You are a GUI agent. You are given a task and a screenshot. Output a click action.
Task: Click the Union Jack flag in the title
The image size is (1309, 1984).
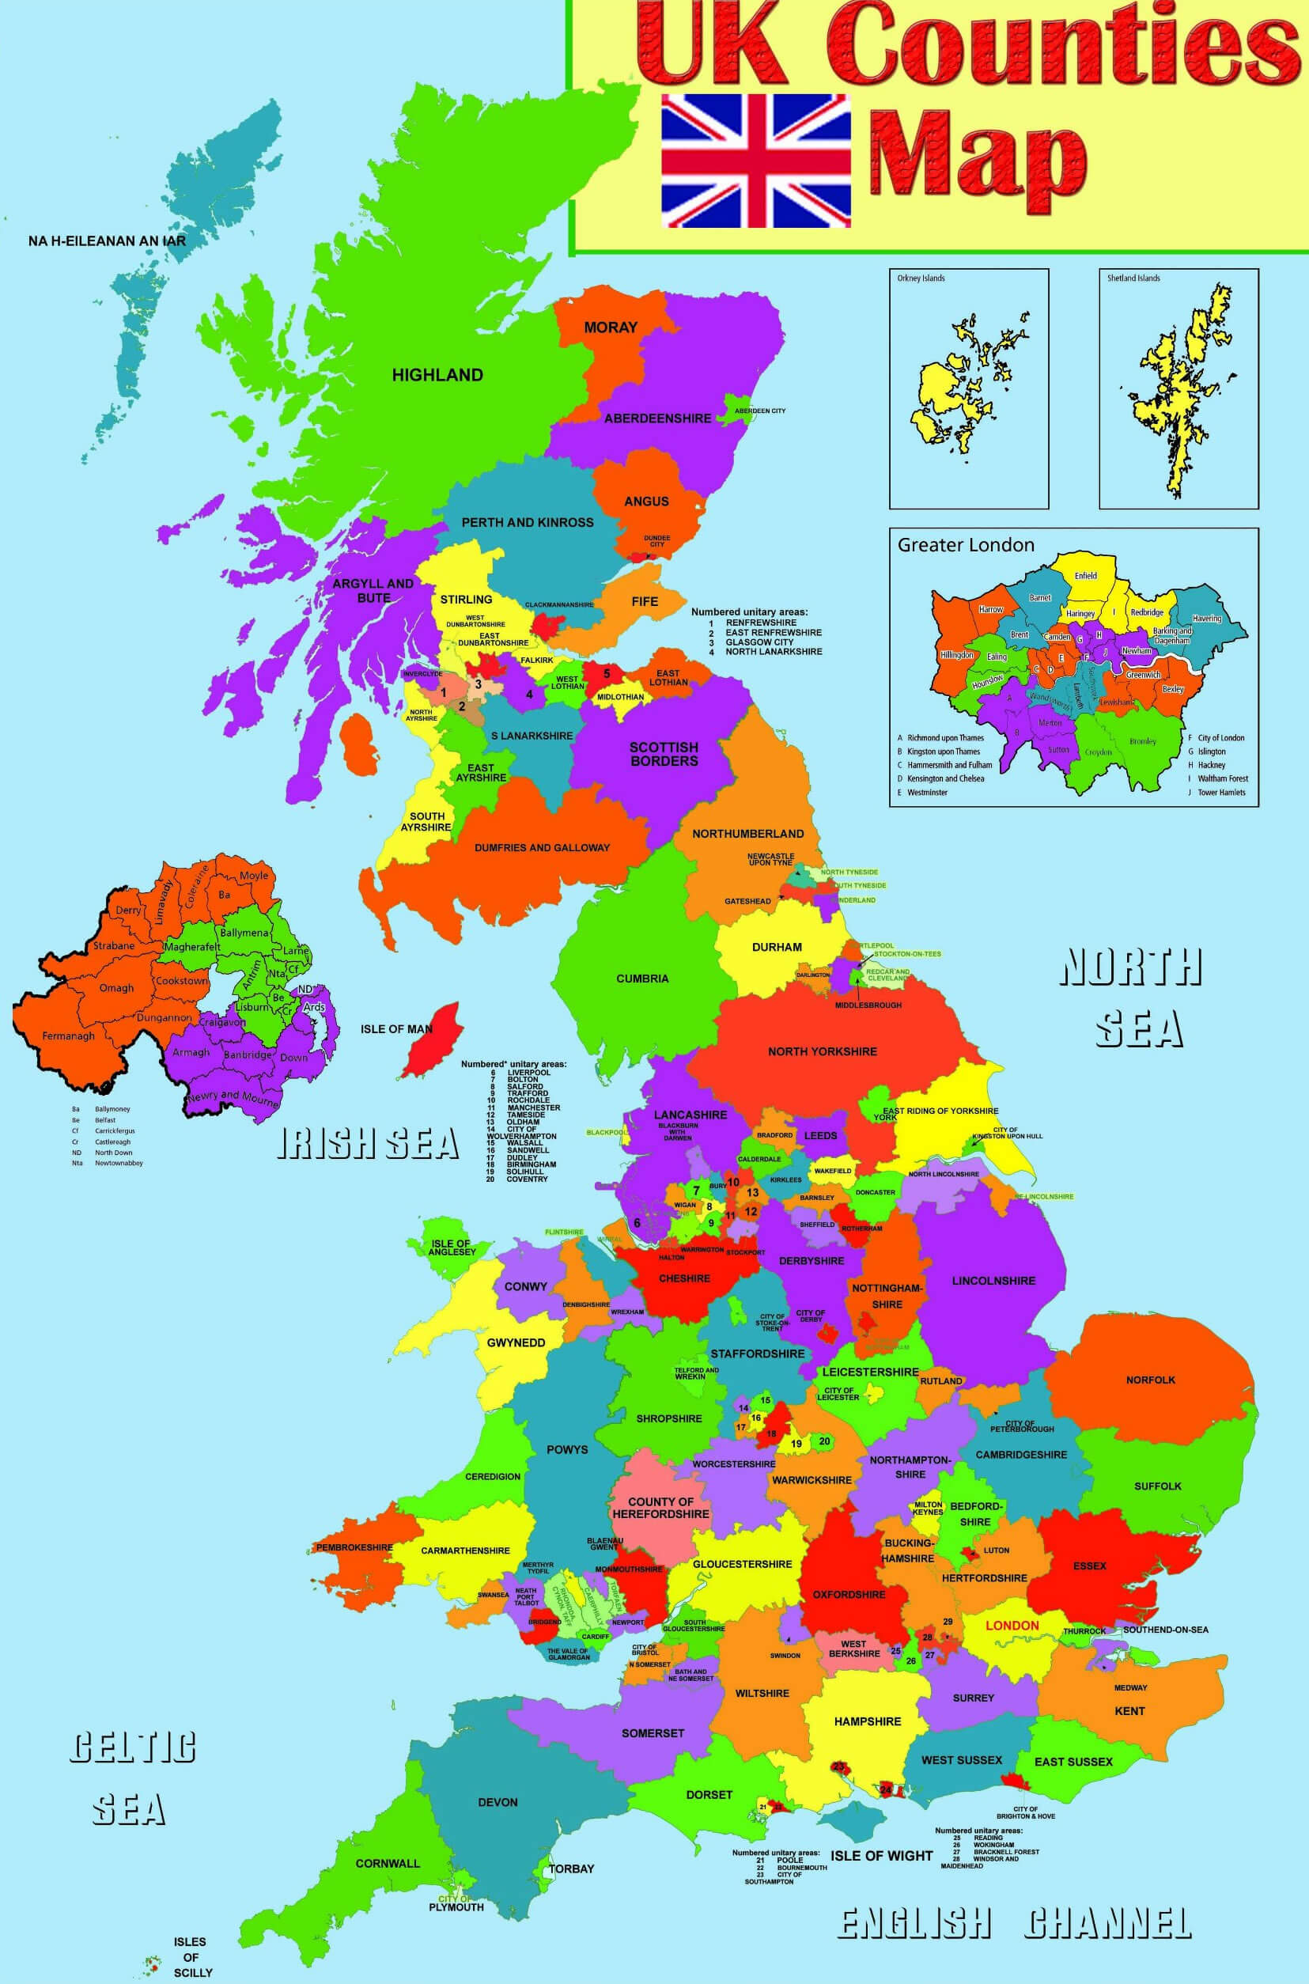(x=756, y=161)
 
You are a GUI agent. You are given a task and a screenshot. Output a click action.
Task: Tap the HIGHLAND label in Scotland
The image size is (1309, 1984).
(x=437, y=375)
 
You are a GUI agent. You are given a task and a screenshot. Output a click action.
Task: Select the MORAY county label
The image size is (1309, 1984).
(x=611, y=328)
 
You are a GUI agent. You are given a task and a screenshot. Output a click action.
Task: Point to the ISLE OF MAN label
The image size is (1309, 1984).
(x=395, y=1028)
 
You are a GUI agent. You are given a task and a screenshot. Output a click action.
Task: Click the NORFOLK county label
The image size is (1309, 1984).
(x=1150, y=1380)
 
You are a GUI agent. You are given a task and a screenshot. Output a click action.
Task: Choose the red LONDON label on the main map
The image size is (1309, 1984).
(x=1012, y=1625)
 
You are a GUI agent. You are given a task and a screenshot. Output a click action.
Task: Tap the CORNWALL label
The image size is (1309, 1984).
(x=388, y=1863)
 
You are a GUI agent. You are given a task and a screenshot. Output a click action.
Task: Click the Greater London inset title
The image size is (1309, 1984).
(x=965, y=545)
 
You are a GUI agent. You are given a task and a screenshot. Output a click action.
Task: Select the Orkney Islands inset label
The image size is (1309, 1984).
(x=921, y=278)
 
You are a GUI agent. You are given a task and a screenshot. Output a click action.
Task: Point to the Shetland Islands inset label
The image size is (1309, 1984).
(x=1133, y=278)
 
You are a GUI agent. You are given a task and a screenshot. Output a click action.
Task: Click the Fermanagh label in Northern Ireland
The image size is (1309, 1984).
(x=69, y=1036)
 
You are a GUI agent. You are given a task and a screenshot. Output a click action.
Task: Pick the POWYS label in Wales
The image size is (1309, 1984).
(x=567, y=1449)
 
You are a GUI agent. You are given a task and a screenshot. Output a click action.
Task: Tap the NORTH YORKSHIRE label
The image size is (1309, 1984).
(x=823, y=1051)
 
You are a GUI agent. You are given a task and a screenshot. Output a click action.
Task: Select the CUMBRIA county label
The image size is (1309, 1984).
(x=642, y=978)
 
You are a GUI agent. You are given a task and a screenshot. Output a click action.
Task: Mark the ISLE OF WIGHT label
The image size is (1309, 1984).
(x=881, y=1855)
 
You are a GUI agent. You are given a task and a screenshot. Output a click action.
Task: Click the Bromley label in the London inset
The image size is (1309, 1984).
(x=1142, y=740)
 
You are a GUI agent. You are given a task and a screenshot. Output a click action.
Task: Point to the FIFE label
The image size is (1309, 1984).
(x=645, y=601)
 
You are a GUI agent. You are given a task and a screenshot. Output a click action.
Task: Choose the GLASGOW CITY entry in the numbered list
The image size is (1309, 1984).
(x=759, y=642)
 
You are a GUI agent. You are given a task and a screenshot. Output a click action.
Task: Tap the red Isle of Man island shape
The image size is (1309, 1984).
(x=432, y=1039)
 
